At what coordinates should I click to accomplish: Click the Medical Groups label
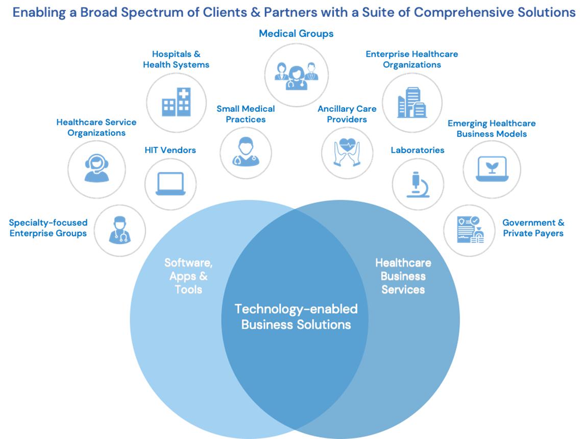(x=296, y=34)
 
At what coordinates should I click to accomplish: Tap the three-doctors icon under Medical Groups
(x=296, y=75)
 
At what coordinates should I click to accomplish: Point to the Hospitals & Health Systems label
(x=176, y=59)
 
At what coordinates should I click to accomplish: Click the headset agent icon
(x=96, y=168)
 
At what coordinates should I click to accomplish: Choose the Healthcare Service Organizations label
(x=96, y=128)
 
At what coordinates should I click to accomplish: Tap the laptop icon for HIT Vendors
(x=170, y=184)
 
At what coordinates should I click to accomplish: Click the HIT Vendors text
(x=170, y=150)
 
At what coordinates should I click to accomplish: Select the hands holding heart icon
(x=347, y=152)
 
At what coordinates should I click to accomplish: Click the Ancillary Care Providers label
(x=347, y=114)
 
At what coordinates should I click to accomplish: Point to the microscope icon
(x=418, y=184)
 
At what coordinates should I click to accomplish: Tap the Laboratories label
(x=418, y=150)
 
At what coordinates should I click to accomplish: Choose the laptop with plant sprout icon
(x=491, y=169)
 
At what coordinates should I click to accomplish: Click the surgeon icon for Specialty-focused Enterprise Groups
(x=120, y=230)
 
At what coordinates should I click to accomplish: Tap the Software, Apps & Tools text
(x=188, y=276)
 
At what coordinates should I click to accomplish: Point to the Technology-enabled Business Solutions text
(x=296, y=316)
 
